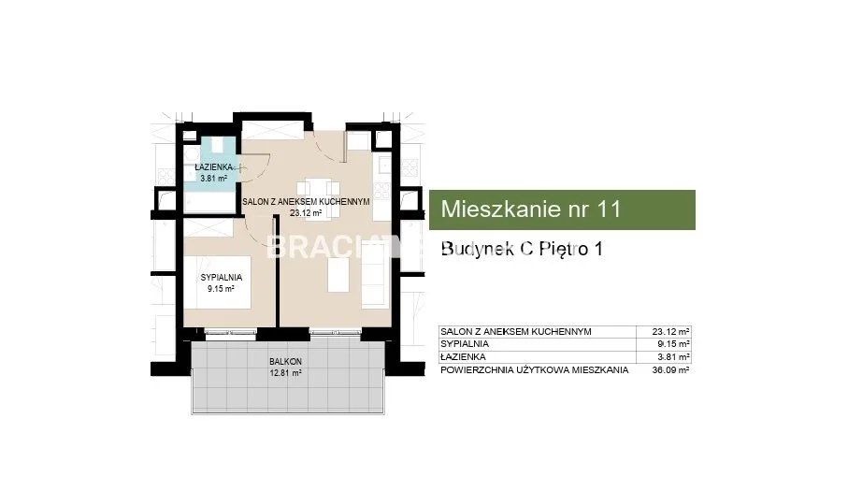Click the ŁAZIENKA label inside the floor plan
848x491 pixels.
[213, 167]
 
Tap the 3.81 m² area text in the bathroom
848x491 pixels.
[213, 178]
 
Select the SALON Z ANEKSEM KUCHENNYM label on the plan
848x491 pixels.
[306, 202]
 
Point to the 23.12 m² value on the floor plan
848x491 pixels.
[306, 213]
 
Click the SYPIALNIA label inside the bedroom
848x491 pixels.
[222, 278]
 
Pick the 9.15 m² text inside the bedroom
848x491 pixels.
[222, 289]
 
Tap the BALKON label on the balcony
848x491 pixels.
[285, 361]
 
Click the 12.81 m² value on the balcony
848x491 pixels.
[285, 372]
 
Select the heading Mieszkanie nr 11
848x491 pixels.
[531, 209]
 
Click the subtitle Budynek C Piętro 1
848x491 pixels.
[522, 249]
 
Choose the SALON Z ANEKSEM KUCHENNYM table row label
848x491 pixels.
[516, 331]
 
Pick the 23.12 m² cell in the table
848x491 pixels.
[670, 331]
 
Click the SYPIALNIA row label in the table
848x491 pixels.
[465, 344]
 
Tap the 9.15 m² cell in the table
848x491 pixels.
[673, 344]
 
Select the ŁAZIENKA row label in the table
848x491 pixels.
[463, 357]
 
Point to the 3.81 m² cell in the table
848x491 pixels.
[673, 357]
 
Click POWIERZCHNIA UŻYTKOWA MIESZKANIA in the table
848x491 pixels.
[535, 370]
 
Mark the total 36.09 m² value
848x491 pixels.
[670, 370]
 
